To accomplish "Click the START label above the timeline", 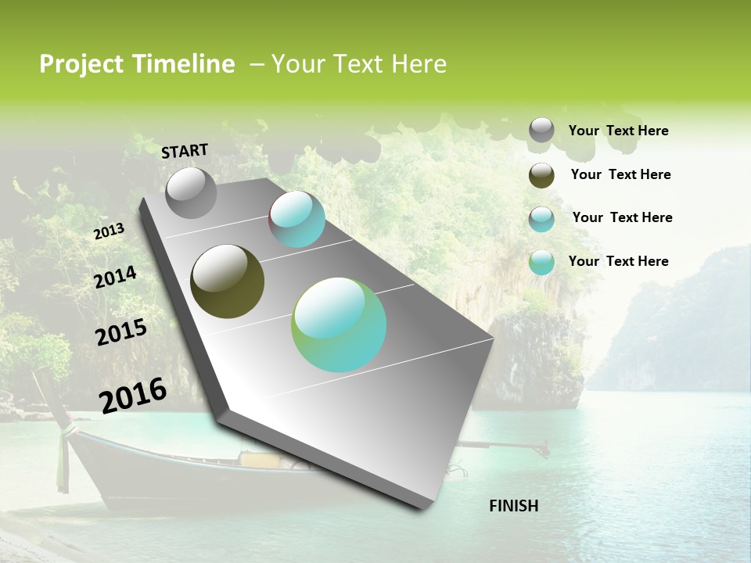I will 185,151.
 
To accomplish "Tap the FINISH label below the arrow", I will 513,506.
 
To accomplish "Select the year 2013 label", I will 109,231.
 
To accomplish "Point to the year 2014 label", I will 115,278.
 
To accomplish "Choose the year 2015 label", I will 121,332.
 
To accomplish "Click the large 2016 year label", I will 133,396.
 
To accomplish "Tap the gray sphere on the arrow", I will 191,193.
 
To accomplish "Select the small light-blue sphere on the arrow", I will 296,219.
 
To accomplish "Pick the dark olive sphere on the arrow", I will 227,281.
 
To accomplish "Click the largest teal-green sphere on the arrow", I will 339,325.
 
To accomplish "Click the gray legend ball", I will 541,131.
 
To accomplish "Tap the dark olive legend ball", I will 541,175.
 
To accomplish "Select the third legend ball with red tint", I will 541,219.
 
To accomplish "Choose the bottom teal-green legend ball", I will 541,262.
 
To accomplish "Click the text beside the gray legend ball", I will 618,131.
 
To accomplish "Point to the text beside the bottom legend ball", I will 618,261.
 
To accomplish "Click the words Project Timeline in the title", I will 137,64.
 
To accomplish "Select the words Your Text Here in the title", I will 358,64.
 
